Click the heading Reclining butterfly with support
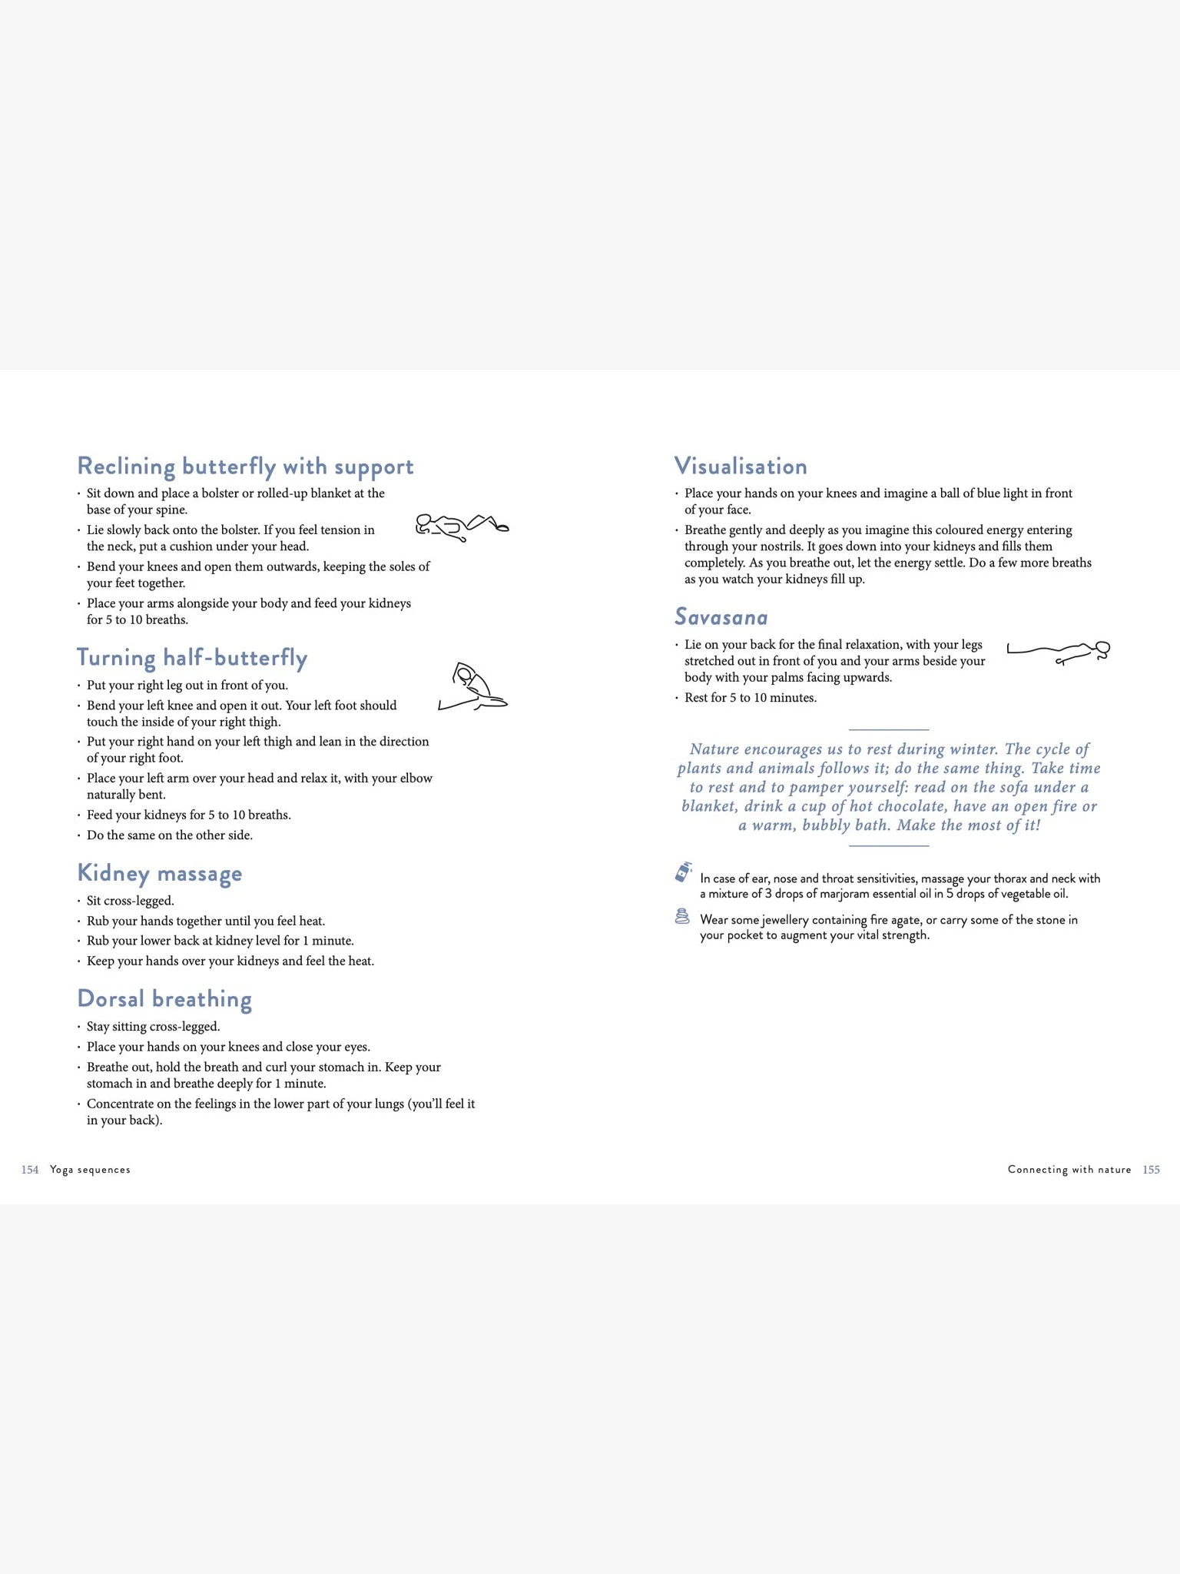click(245, 467)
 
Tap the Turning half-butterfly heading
click(192, 658)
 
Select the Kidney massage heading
click(160, 873)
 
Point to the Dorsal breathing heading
click(164, 999)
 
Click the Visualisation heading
click(741, 467)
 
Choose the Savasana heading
click(721, 617)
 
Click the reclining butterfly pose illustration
click(462, 527)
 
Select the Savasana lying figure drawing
click(1058, 653)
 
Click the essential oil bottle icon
click(683, 872)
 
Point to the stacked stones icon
click(681, 916)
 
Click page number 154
click(30, 1170)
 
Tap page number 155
click(1151, 1170)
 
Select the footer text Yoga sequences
click(90, 1170)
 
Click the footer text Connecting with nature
click(1069, 1170)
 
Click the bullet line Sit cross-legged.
click(131, 901)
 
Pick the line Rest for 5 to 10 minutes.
click(751, 698)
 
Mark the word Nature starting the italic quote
click(714, 749)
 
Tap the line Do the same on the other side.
click(169, 835)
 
